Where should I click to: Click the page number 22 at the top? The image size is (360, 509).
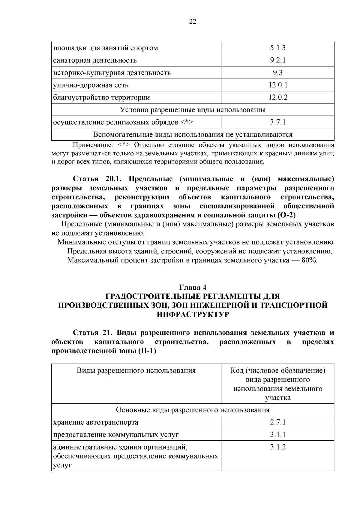[193, 21]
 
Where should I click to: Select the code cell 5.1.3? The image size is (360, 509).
[277, 48]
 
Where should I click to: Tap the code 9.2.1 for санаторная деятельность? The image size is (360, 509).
[277, 60]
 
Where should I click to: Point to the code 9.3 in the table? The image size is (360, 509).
[277, 73]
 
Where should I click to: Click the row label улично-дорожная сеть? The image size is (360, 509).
[91, 85]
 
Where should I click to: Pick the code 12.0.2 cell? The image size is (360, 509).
[277, 97]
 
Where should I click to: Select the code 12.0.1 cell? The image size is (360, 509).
[277, 85]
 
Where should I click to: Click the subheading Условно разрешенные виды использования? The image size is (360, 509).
[193, 110]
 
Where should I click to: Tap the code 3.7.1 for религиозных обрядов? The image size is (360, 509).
[277, 122]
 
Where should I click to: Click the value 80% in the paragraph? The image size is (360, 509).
[309, 260]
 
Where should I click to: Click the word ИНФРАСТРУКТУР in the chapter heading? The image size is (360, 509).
[193, 314]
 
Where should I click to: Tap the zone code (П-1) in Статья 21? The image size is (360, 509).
[147, 351]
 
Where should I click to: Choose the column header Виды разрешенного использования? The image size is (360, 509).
[136, 371]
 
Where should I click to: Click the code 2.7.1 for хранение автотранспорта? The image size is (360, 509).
[277, 422]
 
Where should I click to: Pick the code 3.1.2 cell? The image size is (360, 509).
[277, 447]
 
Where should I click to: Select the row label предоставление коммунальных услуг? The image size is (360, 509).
[116, 435]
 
